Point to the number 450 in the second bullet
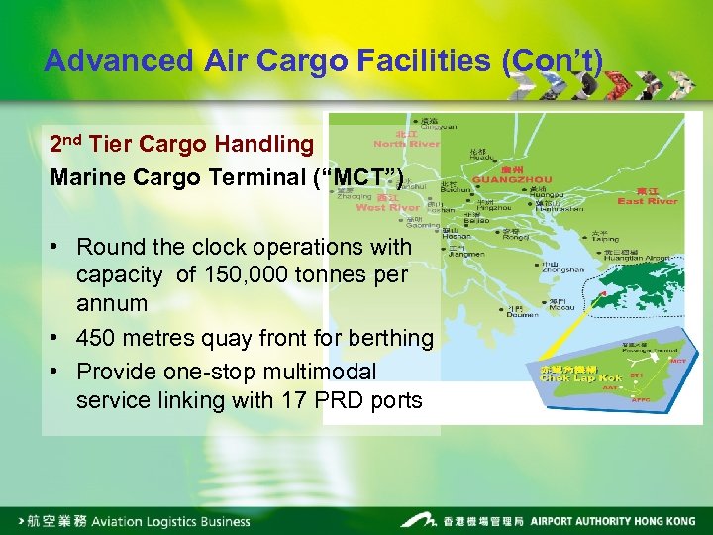97,339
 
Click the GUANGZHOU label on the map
504,180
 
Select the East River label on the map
647,201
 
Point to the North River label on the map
406,144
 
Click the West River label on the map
387,207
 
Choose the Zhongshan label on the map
561,269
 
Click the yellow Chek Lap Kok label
580,377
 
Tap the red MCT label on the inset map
677,362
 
